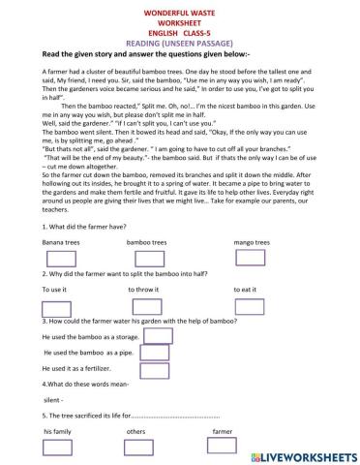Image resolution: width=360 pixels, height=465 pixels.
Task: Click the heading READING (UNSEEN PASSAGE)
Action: point(179,44)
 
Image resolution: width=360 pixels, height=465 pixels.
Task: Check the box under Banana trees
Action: point(60,258)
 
